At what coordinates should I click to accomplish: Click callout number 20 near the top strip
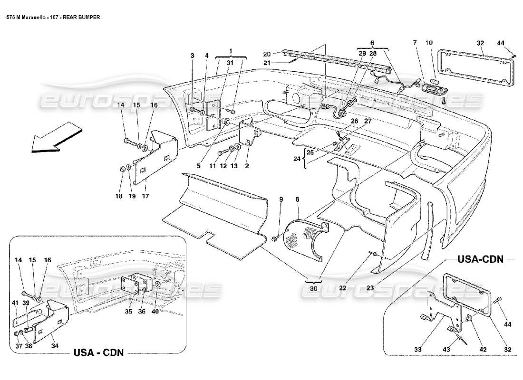tap(266, 54)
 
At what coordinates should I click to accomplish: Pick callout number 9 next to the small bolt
tap(281, 200)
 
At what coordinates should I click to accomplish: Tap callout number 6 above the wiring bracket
tap(372, 43)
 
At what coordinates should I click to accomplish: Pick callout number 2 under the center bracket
tap(247, 166)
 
